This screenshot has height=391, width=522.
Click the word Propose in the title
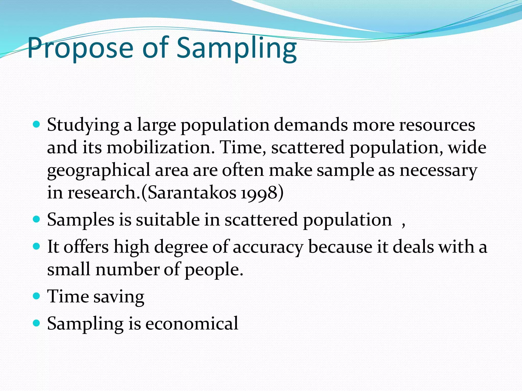click(x=80, y=48)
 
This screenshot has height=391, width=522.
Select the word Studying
click(x=83, y=125)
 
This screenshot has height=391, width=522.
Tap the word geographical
click(x=99, y=171)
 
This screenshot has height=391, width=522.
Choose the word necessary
click(x=438, y=171)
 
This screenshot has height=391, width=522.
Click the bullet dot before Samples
click(x=37, y=219)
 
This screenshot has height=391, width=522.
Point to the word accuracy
click(x=268, y=247)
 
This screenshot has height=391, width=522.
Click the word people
click(x=214, y=270)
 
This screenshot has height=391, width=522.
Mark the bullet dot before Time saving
click(x=37, y=296)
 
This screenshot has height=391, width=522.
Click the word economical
click(x=192, y=324)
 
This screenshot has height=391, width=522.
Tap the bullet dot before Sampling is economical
click(x=37, y=323)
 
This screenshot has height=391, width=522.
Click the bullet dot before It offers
click(x=37, y=246)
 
